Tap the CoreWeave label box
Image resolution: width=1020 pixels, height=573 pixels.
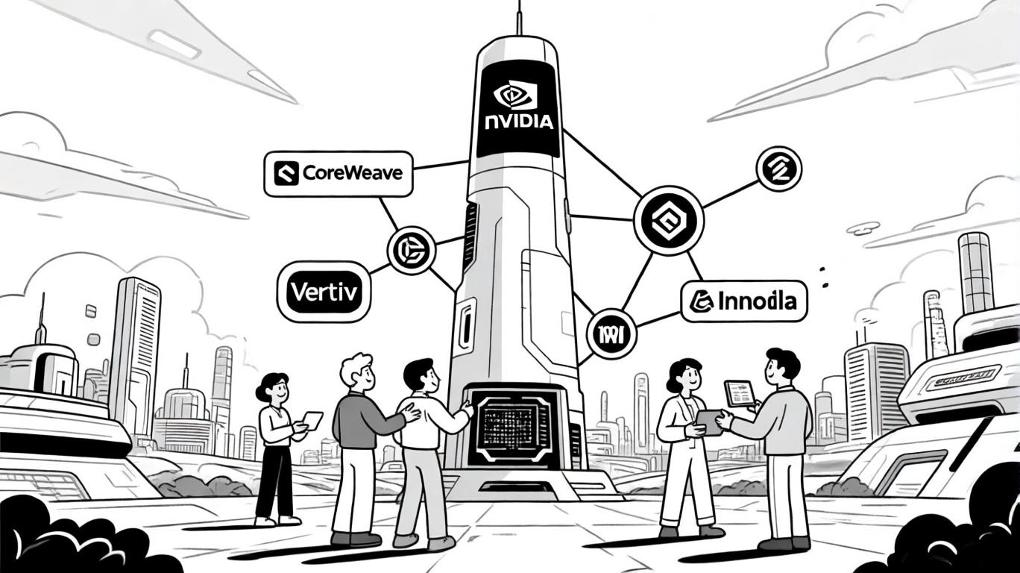tap(339, 174)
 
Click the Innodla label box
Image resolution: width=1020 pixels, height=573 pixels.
tap(744, 301)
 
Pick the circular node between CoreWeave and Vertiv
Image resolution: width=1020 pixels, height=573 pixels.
tap(410, 249)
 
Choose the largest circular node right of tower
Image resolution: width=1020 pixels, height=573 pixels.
tap(669, 219)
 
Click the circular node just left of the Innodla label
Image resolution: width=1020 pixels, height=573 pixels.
tap(611, 332)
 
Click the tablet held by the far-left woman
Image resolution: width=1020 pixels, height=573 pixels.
tap(313, 420)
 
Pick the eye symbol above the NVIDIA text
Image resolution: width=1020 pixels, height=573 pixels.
tap(516, 95)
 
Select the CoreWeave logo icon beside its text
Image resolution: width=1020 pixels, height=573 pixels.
tap(286, 175)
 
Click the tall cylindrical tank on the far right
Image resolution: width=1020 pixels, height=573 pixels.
tap(975, 272)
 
